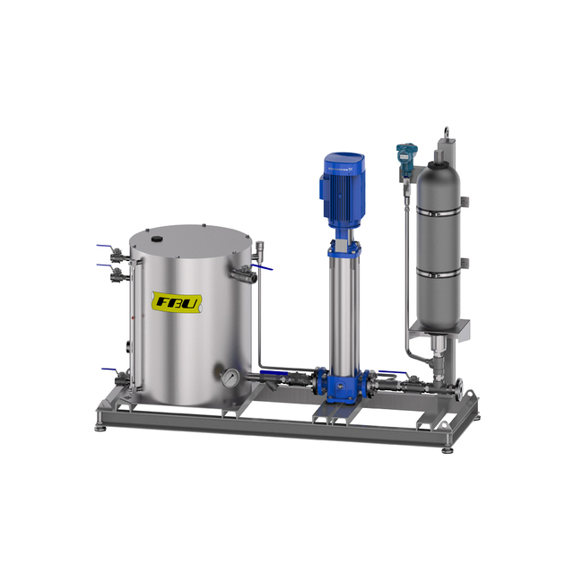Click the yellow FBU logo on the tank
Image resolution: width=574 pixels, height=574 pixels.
(178, 302)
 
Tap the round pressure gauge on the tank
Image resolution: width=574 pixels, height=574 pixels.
(231, 378)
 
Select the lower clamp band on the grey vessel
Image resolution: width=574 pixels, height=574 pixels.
(440, 268)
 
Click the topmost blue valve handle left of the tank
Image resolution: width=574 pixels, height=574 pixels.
(107, 248)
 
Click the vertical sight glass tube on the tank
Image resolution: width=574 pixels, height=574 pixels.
(132, 323)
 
